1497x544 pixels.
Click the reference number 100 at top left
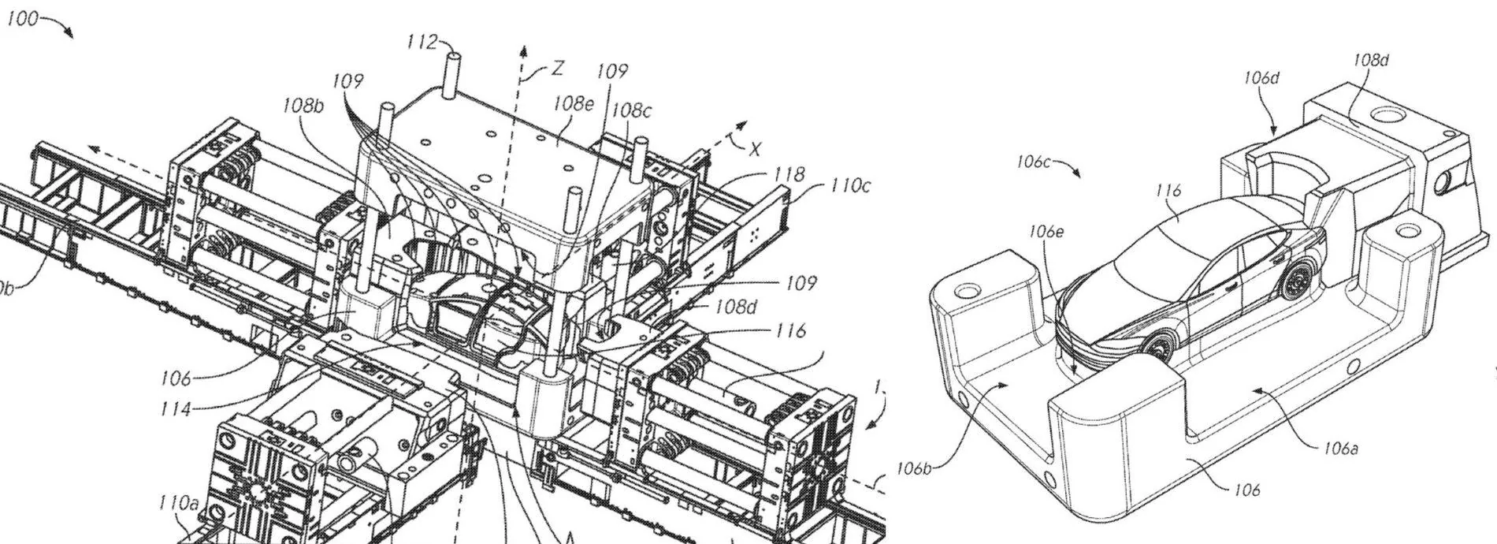tap(21, 19)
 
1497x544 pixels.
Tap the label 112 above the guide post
tap(422, 42)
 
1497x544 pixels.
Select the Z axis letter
tap(557, 69)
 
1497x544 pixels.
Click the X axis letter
tap(756, 147)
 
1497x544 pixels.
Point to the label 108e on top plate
tap(573, 103)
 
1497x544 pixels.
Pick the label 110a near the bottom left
tap(177, 502)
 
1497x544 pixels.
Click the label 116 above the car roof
tap(1168, 190)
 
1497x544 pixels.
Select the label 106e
tap(1046, 231)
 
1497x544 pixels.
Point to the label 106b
tap(914, 469)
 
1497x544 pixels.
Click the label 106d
tap(1261, 77)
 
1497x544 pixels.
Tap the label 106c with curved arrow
tap(1033, 162)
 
